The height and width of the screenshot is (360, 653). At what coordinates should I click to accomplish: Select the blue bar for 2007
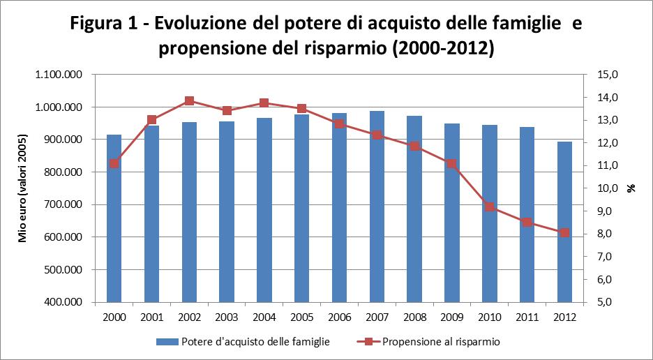[377, 209]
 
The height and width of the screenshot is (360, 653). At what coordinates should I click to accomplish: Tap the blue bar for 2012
[564, 223]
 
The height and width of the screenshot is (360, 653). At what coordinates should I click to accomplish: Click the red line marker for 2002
[189, 101]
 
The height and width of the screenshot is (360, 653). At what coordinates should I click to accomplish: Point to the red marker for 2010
[490, 207]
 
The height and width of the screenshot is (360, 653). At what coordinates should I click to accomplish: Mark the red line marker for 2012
[564, 232]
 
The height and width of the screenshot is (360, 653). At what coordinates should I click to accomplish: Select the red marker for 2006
[339, 123]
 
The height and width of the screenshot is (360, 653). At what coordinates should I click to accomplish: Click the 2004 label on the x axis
[264, 317]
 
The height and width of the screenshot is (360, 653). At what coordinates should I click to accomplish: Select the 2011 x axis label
[527, 317]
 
